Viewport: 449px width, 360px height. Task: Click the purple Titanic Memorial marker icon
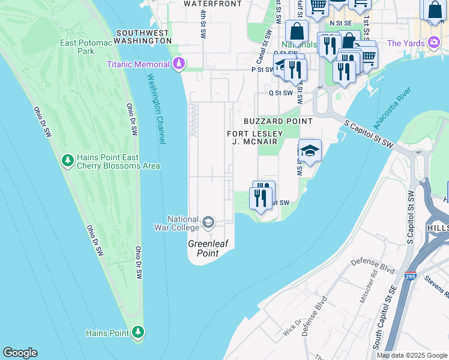178,64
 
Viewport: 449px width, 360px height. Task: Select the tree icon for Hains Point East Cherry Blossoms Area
68,161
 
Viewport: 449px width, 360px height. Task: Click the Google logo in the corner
20,353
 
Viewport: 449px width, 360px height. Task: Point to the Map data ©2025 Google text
412,355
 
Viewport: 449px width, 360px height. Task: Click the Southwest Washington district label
144,37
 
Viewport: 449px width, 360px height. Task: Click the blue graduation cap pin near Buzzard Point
310,152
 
